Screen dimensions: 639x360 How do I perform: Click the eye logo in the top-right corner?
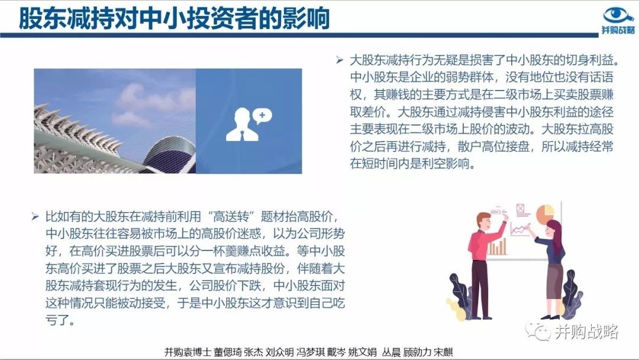[x=618, y=15]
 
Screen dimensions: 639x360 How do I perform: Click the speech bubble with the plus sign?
[x=262, y=116]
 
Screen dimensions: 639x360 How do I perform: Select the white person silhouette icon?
[x=242, y=124]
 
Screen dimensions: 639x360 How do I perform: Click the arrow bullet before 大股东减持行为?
[x=340, y=60]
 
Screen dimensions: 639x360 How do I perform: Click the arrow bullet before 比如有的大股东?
[x=35, y=217]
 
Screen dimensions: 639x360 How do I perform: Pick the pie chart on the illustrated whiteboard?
[x=545, y=214]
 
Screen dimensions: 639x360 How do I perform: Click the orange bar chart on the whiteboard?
[x=497, y=247]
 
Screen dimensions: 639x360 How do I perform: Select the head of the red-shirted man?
[x=484, y=221]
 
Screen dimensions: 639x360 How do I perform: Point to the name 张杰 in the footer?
[x=253, y=352]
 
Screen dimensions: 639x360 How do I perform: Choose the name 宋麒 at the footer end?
[x=443, y=352]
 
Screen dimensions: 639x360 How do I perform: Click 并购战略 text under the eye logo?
[x=618, y=30]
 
